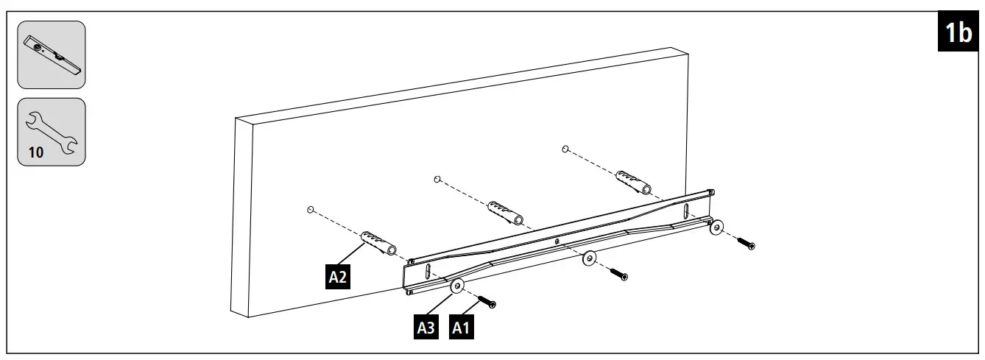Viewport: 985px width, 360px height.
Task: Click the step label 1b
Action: pos(958,34)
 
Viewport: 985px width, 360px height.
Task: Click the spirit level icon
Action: pos(52,54)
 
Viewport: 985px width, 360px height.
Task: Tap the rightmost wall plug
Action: pos(631,181)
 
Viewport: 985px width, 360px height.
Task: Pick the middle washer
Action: pos(589,258)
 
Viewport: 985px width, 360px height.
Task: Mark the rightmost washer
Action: pos(715,227)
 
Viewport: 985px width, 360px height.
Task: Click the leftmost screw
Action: pos(486,300)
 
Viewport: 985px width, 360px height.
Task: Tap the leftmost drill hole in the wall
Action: pos(311,210)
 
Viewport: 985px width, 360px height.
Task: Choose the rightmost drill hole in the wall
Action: pos(565,149)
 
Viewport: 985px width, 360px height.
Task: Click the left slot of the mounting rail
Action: pos(424,272)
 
